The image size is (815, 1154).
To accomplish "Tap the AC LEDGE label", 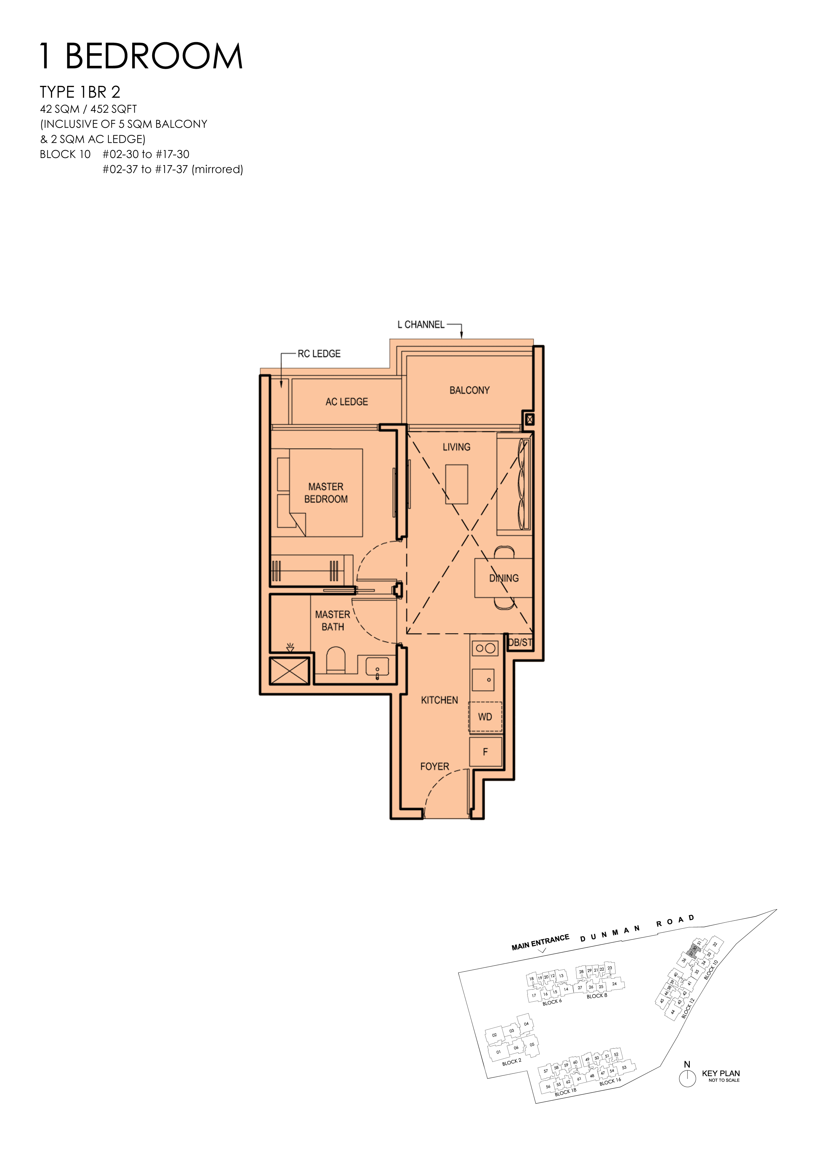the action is [x=346, y=402].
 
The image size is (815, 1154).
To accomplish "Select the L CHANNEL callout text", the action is [x=421, y=325].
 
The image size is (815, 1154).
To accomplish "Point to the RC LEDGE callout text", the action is [x=319, y=354].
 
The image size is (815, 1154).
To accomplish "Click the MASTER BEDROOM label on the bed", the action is [x=326, y=493].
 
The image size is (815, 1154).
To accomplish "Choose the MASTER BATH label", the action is [x=333, y=621].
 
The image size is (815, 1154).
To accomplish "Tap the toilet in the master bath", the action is [x=336, y=660].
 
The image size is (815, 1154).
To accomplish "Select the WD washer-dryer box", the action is [x=485, y=717].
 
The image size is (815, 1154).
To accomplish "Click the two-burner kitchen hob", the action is [x=485, y=648].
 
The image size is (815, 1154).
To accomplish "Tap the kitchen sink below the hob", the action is [x=483, y=679].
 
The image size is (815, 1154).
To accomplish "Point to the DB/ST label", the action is [x=520, y=642].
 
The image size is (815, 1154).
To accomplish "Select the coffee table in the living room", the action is [x=456, y=484].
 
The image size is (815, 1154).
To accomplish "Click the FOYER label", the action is [x=434, y=766].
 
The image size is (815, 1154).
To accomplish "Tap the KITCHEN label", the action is [x=439, y=700].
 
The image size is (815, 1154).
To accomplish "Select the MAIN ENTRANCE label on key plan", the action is [x=540, y=942].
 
